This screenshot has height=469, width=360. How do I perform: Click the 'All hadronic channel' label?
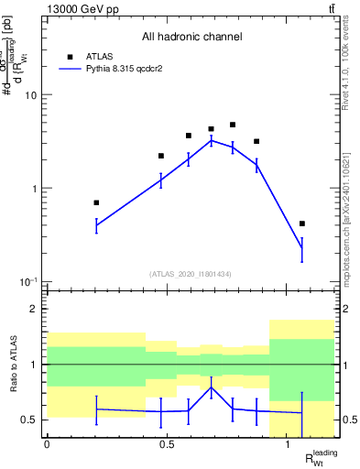coord(191,37)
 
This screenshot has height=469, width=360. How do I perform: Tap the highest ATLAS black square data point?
coord(233,125)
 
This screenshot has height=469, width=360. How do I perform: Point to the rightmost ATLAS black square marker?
coord(302,224)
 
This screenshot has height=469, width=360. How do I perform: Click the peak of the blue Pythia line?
coord(212,140)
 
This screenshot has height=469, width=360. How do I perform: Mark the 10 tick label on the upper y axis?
coord(31,95)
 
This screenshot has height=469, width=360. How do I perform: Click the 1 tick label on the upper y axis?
coord(34,189)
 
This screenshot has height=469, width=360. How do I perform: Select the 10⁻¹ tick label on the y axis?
coord(29,281)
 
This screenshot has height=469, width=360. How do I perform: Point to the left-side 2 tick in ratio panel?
coord(36,309)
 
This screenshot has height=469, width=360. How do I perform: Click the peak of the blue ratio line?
coord(212,387)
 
